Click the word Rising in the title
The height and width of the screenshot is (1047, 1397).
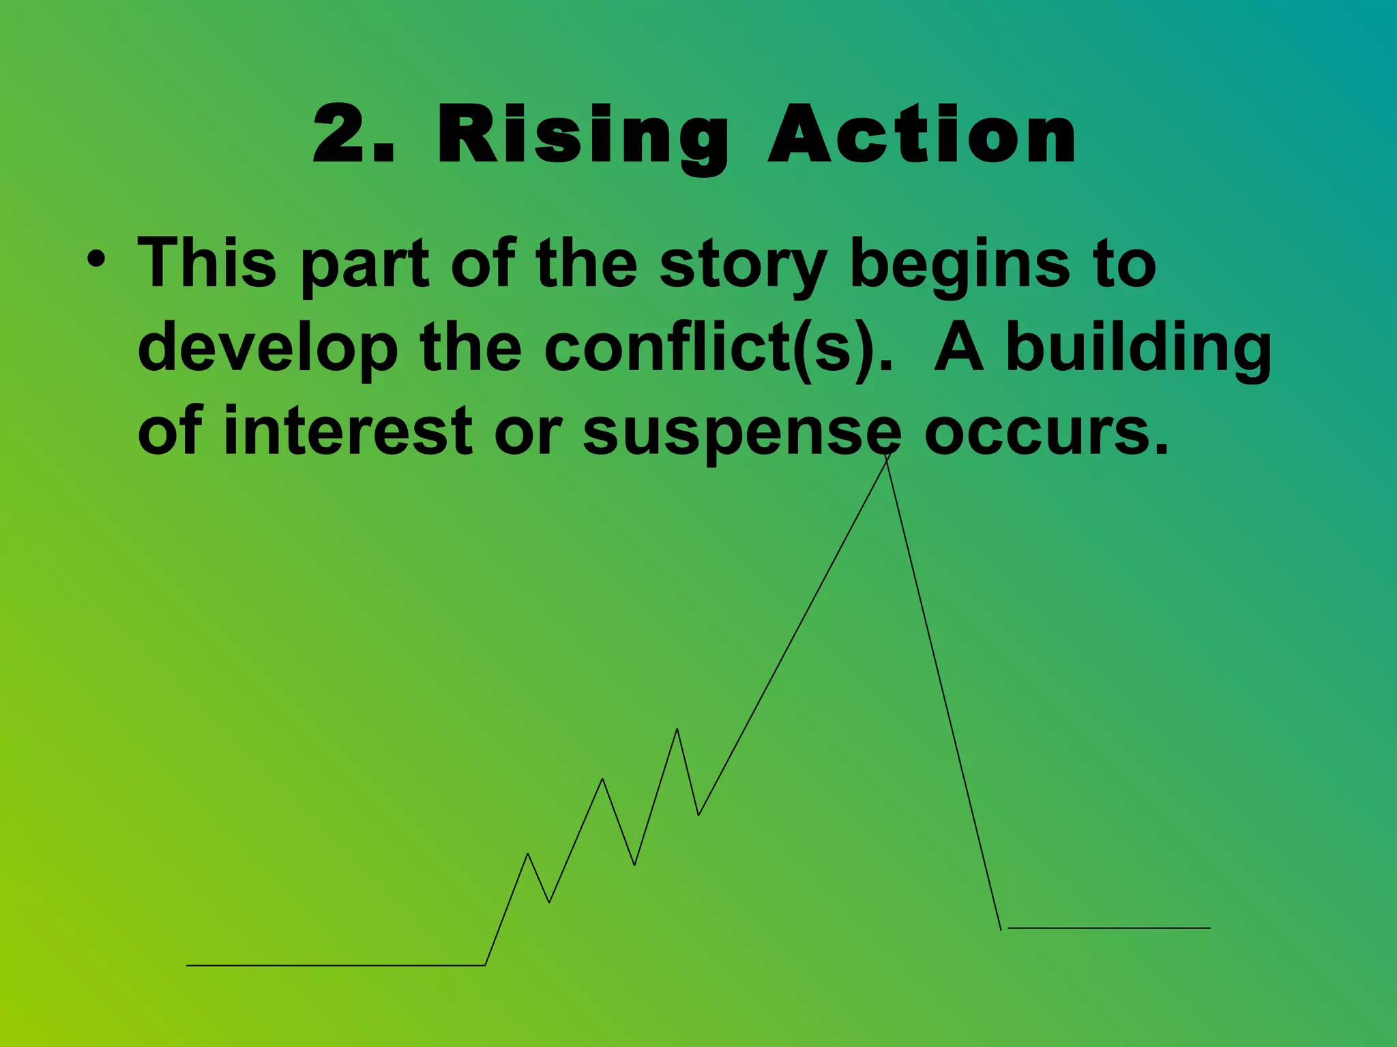pos(583,136)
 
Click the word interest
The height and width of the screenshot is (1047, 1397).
pos(347,431)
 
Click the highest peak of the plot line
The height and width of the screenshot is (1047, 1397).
pos(887,455)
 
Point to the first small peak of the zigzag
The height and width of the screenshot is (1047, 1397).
pos(528,854)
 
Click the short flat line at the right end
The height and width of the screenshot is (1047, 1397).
pos(1108,928)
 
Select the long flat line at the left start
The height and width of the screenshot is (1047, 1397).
pos(334,965)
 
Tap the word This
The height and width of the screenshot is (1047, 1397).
pos(207,262)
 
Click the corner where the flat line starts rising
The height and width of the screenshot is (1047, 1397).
pos(485,965)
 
